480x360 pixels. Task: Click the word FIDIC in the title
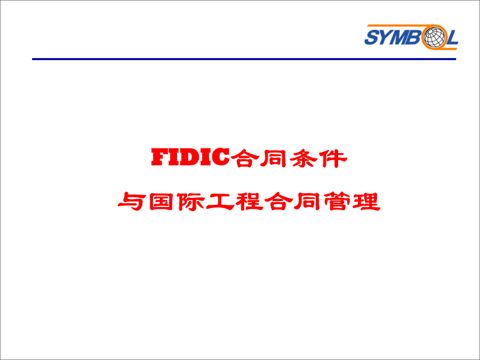(190, 157)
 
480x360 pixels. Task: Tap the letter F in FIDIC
(159, 157)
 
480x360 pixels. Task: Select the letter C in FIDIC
(221, 157)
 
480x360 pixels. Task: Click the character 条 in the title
(303, 158)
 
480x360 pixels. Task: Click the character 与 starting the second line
(131, 202)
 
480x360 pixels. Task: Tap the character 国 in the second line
(161, 202)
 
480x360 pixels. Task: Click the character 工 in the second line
(220, 202)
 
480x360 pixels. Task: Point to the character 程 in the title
(249, 202)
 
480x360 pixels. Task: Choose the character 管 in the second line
(337, 202)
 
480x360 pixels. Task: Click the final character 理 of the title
(366, 202)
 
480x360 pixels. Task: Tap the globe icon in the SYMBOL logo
(434, 36)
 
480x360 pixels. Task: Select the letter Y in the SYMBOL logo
(387, 37)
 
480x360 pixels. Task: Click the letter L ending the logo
(452, 37)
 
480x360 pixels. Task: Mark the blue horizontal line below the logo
(244, 59)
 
